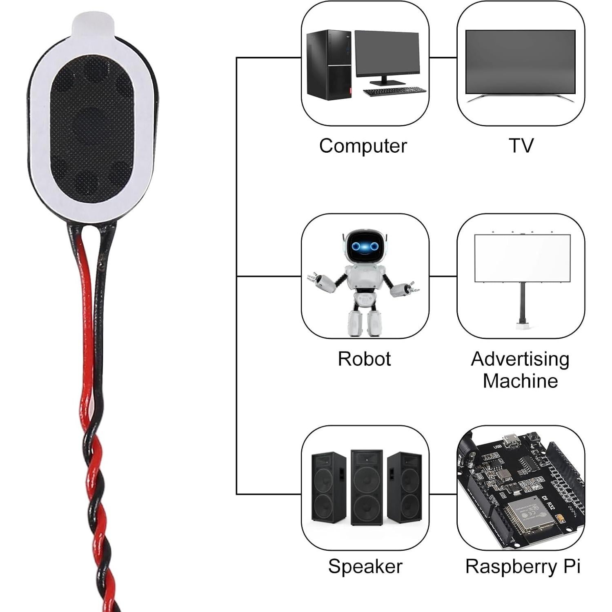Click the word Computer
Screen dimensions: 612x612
pos(363,146)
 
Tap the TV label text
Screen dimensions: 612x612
pos(521,146)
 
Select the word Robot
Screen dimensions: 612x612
pos(364,359)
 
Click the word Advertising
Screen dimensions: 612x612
pos(520,359)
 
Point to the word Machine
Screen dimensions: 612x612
pos(520,381)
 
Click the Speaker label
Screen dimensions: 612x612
pos(365,566)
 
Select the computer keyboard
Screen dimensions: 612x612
pos(394,91)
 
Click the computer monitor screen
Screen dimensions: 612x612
pos(387,53)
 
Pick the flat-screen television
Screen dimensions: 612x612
pos(520,62)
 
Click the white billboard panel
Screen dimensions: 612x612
pos(522,258)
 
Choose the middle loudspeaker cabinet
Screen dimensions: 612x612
pos(367,487)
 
